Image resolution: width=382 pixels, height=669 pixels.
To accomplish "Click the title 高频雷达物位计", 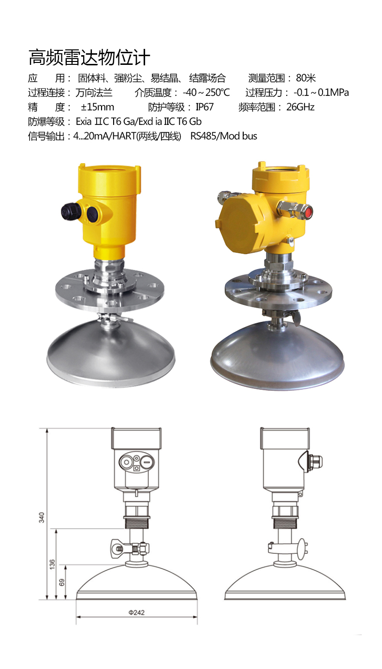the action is click(89, 57).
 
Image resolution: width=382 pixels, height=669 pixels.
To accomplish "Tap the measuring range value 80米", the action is click(306, 78).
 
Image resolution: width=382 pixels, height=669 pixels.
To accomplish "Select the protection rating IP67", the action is click(205, 107).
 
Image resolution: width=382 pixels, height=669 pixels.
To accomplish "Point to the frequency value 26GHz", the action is click(300, 107).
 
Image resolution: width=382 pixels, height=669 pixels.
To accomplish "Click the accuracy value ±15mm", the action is click(97, 107).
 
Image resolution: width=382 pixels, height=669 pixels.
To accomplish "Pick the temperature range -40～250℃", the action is click(206, 92).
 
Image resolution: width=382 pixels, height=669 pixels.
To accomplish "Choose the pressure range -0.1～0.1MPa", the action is click(321, 92).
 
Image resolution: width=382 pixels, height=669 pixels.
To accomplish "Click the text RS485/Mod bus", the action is click(223, 136).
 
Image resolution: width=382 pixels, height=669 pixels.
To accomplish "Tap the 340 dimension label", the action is click(42, 517).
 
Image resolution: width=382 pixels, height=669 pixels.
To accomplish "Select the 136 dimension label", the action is click(52, 564).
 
